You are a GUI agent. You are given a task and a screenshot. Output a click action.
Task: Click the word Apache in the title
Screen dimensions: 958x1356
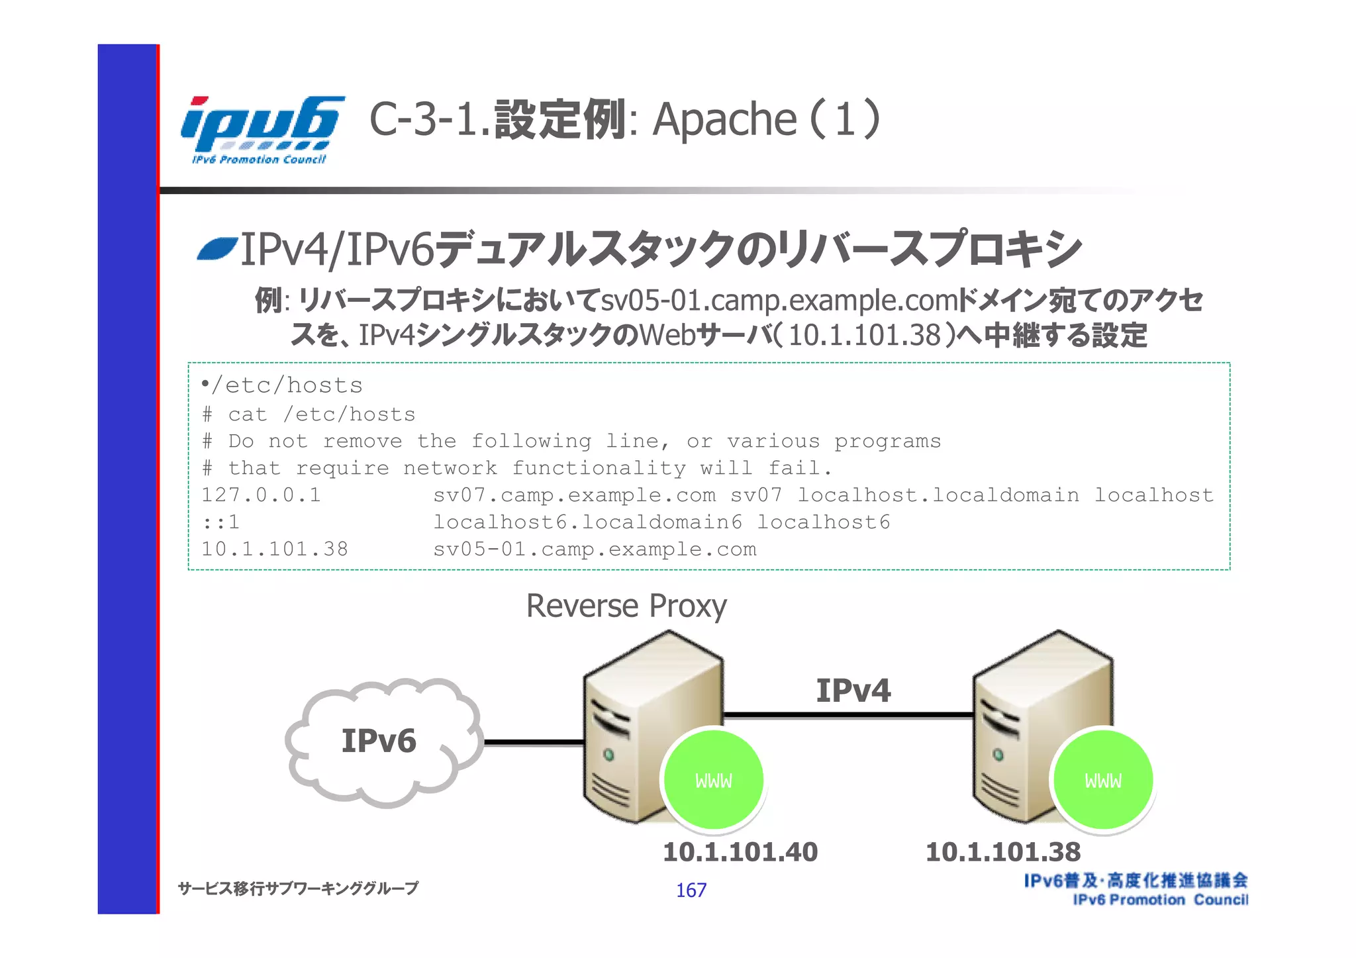724,120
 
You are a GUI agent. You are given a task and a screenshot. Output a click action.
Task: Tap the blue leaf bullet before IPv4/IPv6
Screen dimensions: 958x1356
217,250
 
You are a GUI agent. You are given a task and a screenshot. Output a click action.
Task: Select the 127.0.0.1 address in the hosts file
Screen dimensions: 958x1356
261,495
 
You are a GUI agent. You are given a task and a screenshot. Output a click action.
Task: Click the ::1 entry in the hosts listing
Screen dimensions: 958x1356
220,522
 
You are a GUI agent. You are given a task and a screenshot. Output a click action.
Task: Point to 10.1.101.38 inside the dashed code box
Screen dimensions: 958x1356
274,550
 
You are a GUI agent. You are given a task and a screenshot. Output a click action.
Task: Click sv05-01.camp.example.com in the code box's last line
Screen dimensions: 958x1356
594,550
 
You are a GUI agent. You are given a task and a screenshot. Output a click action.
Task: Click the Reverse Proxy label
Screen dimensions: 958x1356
626,606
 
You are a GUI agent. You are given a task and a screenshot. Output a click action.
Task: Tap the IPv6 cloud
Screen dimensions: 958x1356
380,741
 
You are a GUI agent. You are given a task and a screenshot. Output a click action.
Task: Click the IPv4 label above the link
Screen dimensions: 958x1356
853,691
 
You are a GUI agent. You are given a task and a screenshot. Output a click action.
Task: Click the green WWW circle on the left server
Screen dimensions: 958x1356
714,781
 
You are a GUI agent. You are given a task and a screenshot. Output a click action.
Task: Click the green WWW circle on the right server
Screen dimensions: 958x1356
1103,781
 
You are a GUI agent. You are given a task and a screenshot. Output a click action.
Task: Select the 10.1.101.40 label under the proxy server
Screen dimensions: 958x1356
740,852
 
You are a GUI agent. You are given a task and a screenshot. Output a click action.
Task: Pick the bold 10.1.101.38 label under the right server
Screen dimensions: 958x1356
1002,852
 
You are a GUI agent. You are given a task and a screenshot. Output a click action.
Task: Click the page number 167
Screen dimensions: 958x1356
691,890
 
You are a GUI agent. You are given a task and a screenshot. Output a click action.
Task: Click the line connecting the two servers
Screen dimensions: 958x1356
847,715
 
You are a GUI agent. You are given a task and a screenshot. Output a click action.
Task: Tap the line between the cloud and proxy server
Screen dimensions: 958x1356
533,742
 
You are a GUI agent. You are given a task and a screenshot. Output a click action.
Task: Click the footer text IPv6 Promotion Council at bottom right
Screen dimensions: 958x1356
1160,900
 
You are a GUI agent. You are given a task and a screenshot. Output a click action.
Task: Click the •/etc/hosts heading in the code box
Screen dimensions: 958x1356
283,385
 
